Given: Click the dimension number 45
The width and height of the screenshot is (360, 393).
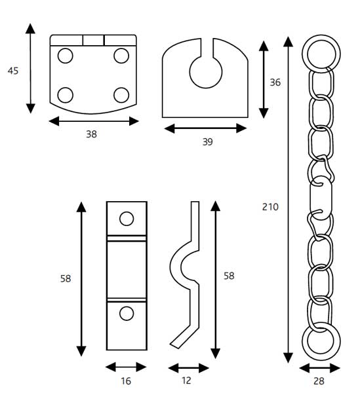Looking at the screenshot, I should [x=13, y=71].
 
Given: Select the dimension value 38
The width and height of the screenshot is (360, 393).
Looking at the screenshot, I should [x=91, y=134].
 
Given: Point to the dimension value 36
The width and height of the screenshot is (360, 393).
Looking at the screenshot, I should [x=275, y=83].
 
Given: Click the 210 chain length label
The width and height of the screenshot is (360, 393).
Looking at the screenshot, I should [x=270, y=207].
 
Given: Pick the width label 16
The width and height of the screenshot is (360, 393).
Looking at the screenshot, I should [x=126, y=381].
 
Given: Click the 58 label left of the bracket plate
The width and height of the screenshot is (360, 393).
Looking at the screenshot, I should [x=66, y=278].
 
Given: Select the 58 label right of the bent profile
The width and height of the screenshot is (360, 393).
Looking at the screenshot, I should [x=228, y=276].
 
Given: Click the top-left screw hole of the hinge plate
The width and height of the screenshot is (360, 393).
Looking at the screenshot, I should [x=65, y=56].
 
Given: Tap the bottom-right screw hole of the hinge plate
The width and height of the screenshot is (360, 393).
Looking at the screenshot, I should [x=121, y=95].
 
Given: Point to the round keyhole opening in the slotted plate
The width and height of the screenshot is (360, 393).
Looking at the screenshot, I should [x=205, y=72].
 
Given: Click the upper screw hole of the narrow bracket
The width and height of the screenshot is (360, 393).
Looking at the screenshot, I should [x=127, y=218].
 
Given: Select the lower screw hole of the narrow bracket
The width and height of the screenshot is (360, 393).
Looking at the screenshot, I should [x=127, y=314].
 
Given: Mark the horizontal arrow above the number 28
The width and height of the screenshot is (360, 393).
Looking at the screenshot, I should [x=320, y=367].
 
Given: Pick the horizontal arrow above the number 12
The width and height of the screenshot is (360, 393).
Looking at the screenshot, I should [x=189, y=367].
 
